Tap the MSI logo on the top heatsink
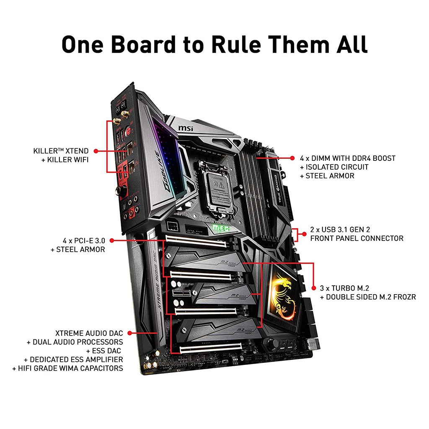[186, 127]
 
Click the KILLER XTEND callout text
[61, 150]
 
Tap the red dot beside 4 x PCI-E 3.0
[113, 240]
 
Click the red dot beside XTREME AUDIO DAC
[130, 333]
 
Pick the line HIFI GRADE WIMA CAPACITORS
[68, 368]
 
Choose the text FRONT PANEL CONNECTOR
[357, 238]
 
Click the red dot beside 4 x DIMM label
[292, 158]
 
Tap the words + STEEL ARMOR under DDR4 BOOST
[327, 176]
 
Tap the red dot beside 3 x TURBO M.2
[313, 288]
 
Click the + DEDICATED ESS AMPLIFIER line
[74, 359]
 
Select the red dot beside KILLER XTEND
[96, 150]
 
